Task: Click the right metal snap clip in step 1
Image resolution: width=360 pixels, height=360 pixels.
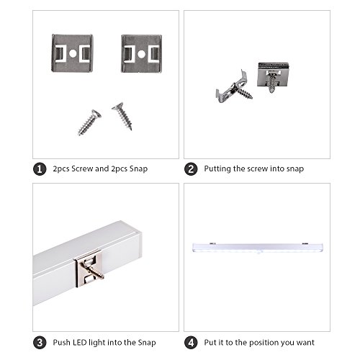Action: pos(141,53)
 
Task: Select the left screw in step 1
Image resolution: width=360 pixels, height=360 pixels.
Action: pos(89,122)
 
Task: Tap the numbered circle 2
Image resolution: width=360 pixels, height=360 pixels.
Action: pos(191,169)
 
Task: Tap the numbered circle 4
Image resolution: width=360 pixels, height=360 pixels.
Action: pos(191,341)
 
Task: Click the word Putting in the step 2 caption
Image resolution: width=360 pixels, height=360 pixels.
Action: pos(218,169)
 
